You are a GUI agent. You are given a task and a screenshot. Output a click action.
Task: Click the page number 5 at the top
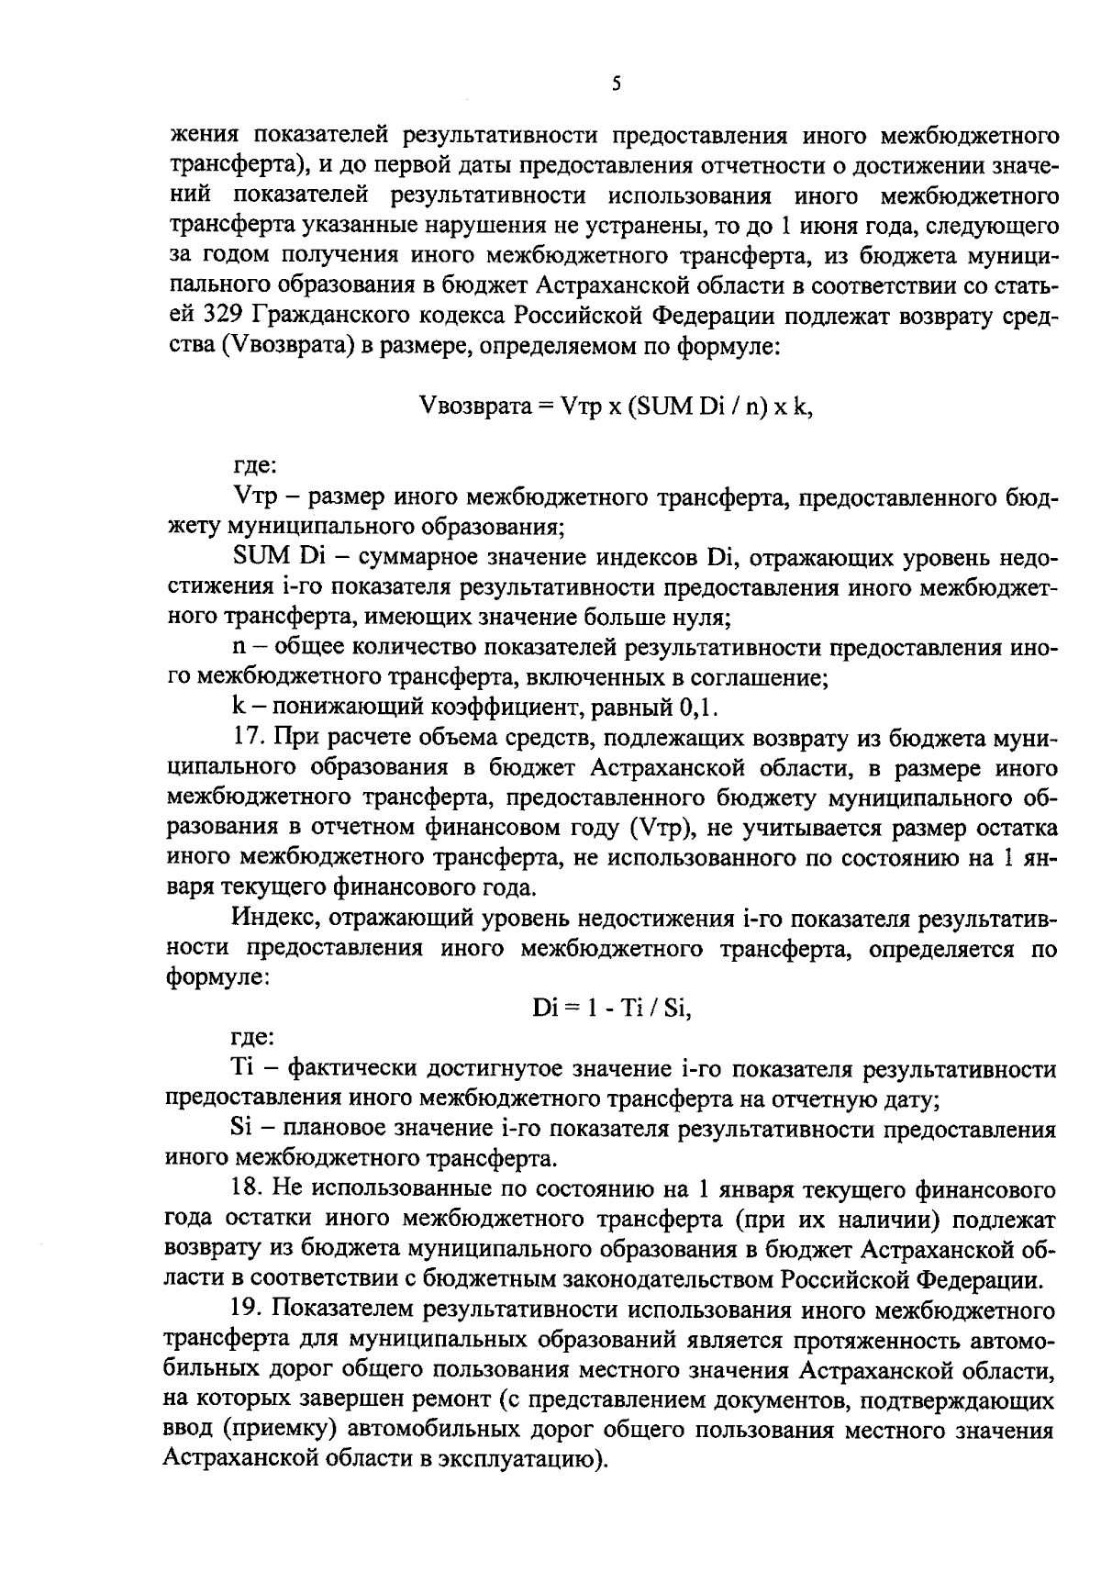click(x=616, y=84)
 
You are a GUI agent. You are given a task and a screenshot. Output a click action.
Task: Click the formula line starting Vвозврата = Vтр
click(x=615, y=406)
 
